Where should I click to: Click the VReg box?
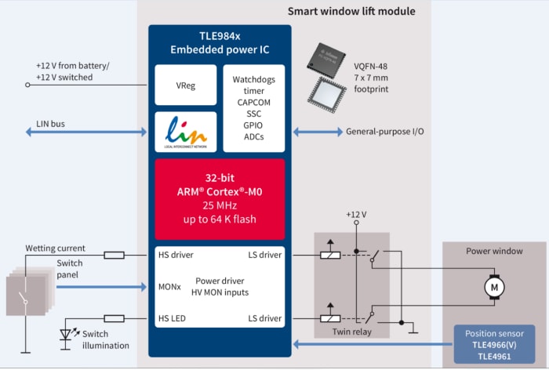click(184, 85)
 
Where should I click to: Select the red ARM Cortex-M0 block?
click(220, 199)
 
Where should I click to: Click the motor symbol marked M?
click(494, 288)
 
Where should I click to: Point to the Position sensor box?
click(494, 344)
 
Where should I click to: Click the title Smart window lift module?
click(351, 11)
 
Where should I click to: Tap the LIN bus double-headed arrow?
click(86, 132)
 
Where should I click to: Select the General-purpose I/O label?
click(385, 132)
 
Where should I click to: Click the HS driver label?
click(176, 255)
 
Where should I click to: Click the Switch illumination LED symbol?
click(67, 336)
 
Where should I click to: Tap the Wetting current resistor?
click(114, 255)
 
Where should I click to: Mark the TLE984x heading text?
click(220, 37)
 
